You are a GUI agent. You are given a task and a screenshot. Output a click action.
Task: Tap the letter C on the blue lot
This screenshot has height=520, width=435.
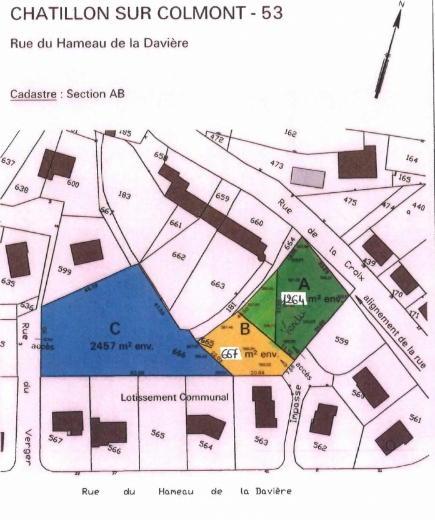(x=115, y=329)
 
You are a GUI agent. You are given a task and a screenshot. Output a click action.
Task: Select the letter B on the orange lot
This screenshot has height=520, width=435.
(x=245, y=328)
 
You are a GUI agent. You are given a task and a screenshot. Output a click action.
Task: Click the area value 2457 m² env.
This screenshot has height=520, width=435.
(x=121, y=346)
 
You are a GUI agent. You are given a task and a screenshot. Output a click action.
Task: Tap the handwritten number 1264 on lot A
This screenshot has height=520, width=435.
(x=295, y=300)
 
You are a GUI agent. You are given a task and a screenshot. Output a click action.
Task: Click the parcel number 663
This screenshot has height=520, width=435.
(x=217, y=284)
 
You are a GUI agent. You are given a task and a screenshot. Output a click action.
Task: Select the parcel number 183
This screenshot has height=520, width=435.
(x=124, y=195)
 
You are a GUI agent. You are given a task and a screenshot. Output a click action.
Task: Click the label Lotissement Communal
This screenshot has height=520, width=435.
(x=174, y=397)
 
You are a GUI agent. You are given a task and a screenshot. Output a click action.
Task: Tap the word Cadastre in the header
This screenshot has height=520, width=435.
(x=33, y=94)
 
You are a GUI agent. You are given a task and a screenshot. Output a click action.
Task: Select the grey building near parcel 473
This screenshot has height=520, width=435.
(x=308, y=177)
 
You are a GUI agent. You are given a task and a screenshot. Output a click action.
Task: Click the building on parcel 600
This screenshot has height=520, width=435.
(x=57, y=164)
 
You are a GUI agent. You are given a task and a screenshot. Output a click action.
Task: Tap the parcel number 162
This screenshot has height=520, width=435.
(x=290, y=133)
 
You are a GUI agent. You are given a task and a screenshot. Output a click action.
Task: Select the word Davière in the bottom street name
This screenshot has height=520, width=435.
(x=274, y=492)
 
